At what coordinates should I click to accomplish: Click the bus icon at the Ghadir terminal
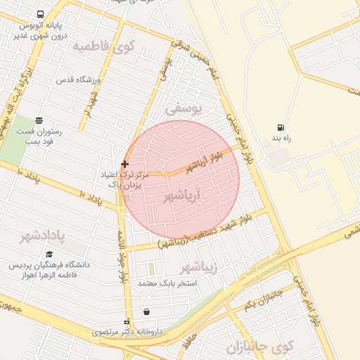coord(39,14)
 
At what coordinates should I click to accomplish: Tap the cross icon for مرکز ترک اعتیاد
coord(124,164)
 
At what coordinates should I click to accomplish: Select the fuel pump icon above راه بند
coord(281,128)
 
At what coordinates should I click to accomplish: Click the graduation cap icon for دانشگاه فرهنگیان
coord(49,254)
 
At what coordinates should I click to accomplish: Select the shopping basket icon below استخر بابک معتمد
coord(146,311)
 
